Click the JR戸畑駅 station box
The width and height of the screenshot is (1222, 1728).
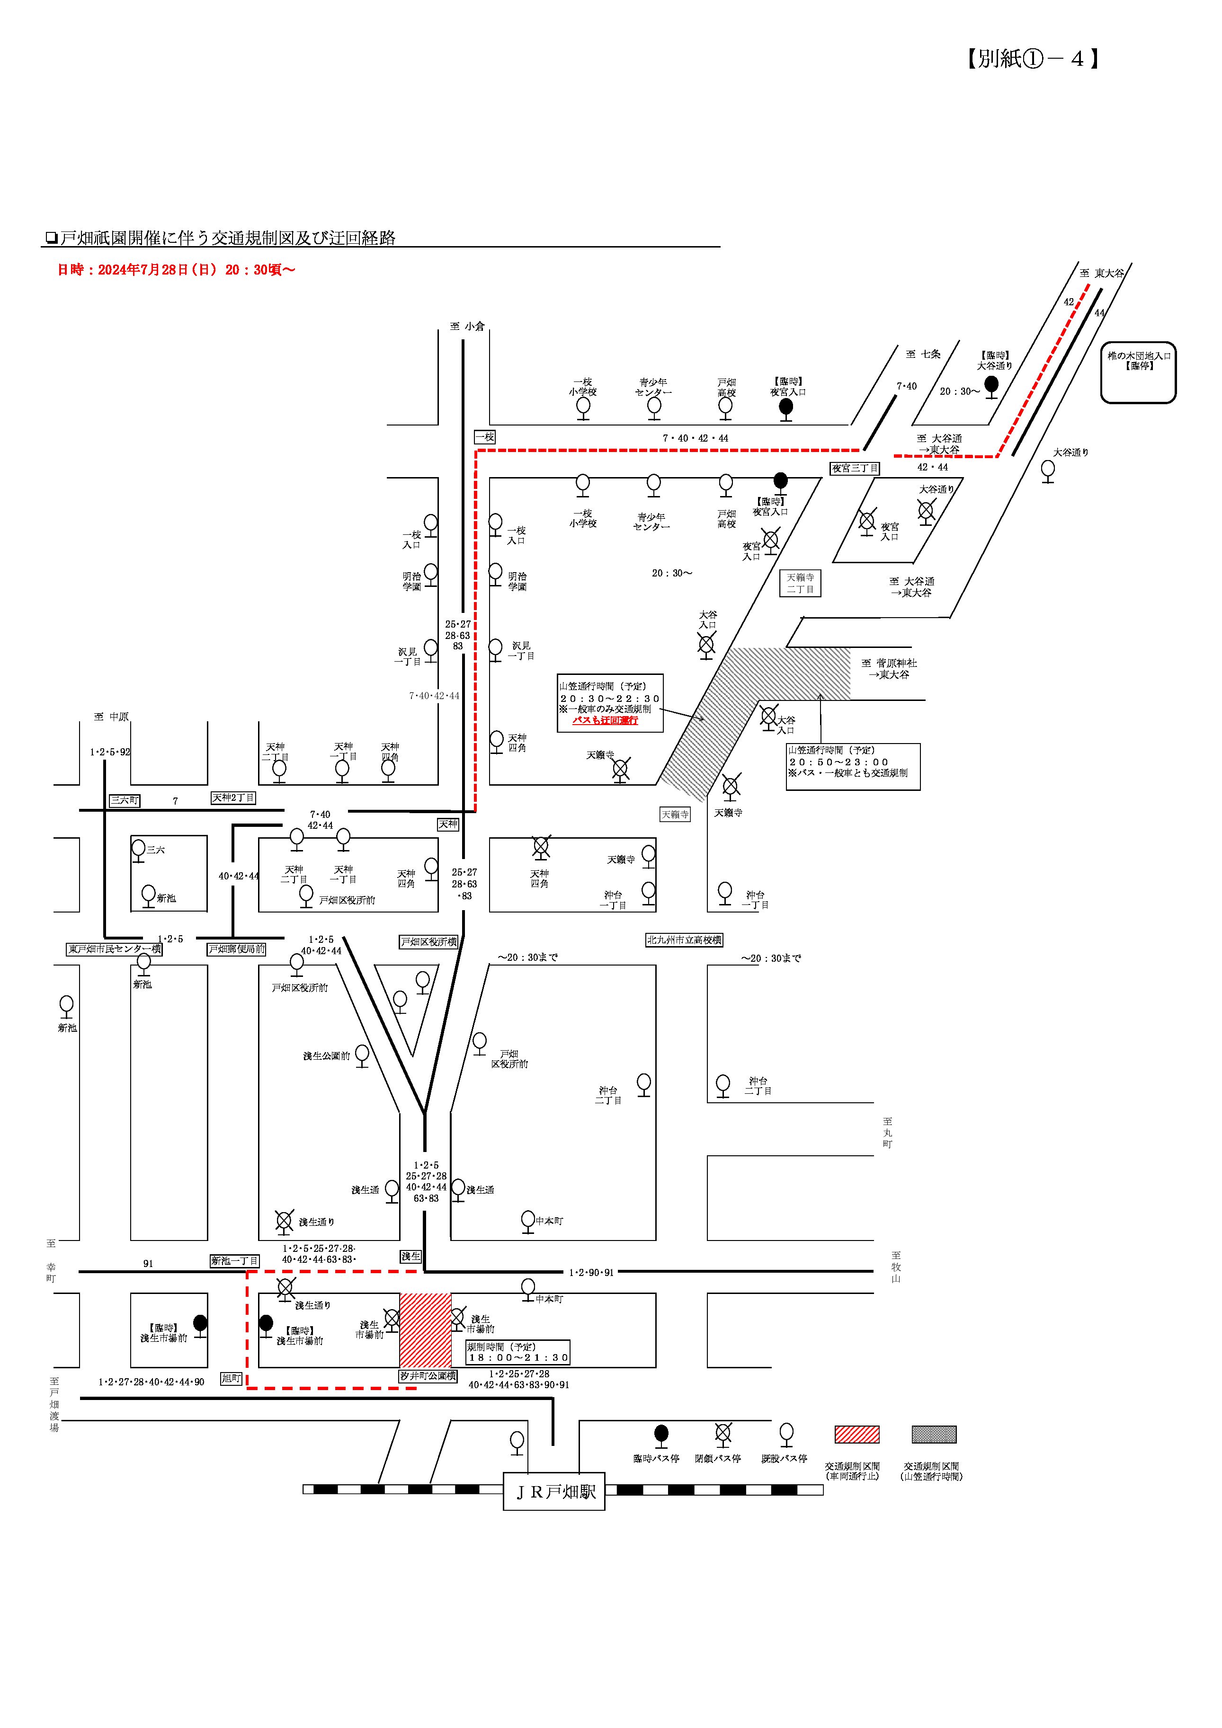(553, 1492)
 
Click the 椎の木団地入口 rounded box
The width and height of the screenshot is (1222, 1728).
(1138, 372)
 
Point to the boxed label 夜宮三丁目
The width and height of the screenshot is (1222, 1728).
(855, 468)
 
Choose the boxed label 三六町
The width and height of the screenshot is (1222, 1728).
(124, 801)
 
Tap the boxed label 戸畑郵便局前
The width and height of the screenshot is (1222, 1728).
(236, 949)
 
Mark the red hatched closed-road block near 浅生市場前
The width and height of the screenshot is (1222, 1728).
(425, 1330)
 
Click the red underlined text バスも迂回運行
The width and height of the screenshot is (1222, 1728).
(606, 720)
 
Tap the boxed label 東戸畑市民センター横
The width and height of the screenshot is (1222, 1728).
(115, 949)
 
